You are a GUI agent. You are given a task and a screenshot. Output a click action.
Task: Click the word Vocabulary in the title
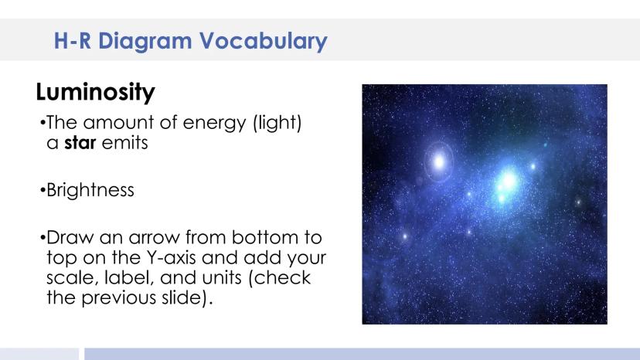[x=264, y=41]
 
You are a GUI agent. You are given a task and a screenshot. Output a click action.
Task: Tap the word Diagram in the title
[x=145, y=41]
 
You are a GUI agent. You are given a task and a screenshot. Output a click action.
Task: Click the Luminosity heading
[x=96, y=91]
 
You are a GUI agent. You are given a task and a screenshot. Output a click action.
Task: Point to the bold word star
[x=80, y=142]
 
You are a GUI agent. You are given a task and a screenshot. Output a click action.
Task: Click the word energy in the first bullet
[x=214, y=123]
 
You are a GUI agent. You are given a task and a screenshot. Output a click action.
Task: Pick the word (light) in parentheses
[x=277, y=123]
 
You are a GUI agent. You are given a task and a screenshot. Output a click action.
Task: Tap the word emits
[x=124, y=142]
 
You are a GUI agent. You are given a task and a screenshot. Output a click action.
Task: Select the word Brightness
[x=90, y=190]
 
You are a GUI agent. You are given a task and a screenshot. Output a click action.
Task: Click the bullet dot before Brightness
[x=43, y=190]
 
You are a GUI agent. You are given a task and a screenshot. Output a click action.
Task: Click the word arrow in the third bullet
[x=154, y=237]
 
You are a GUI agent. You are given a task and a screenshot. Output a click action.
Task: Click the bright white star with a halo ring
[x=439, y=161]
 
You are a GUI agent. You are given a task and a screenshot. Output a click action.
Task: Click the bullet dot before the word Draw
[x=43, y=237]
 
